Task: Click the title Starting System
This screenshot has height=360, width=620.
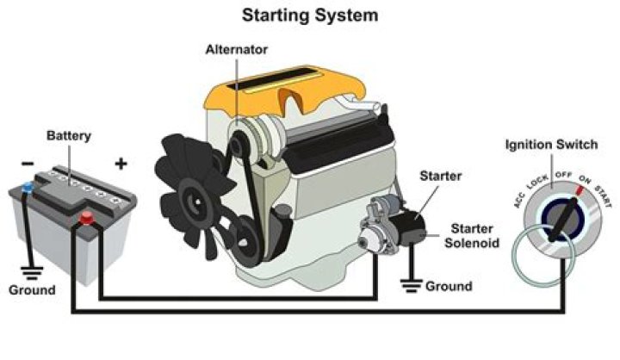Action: tap(309, 16)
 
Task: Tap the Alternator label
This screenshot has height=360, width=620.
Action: tap(234, 49)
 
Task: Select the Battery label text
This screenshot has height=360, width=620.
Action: tap(69, 136)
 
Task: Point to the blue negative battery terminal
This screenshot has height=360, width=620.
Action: tap(28, 187)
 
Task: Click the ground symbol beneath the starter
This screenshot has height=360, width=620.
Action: tap(408, 285)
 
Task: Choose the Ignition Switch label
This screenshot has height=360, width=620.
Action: tap(550, 144)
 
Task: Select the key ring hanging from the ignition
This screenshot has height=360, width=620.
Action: tap(536, 258)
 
